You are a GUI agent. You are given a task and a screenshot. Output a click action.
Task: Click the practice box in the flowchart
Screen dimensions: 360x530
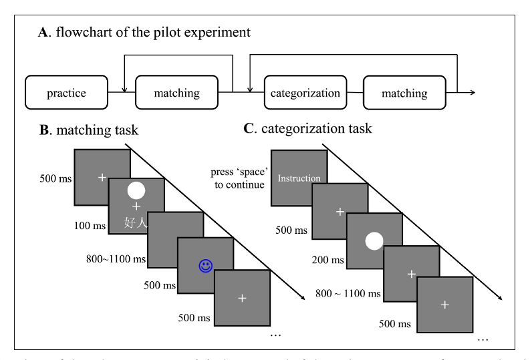coord(67,93)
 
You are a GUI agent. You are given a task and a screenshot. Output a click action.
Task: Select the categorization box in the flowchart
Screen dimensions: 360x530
coord(305,93)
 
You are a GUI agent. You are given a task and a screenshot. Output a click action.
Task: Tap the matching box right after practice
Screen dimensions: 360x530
coord(177,93)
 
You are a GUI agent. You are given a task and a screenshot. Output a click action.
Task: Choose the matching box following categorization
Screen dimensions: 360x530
coord(404,93)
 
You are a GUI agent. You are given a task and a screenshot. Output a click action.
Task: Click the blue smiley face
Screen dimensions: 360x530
coord(205,266)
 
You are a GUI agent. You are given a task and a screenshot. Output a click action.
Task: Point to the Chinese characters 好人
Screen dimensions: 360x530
coord(136,222)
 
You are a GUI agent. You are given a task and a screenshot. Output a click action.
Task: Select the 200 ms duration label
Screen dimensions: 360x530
coord(329,260)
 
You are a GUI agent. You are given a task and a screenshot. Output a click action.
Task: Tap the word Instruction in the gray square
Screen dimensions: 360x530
coord(299,178)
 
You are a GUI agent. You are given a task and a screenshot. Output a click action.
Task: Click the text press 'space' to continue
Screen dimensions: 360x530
coord(237,178)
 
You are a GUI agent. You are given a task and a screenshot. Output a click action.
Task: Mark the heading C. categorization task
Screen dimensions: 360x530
coord(307,129)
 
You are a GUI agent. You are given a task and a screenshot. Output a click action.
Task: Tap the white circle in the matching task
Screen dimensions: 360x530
coord(136,190)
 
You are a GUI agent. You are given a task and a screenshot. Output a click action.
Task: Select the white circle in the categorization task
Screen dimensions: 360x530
coord(374,240)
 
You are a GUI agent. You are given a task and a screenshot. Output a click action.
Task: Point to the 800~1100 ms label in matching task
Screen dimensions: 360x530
coord(116,258)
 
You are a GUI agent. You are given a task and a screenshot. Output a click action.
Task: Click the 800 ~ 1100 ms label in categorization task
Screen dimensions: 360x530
coord(347,293)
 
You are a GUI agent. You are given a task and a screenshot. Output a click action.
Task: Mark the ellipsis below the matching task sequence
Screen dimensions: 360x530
coord(275,333)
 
